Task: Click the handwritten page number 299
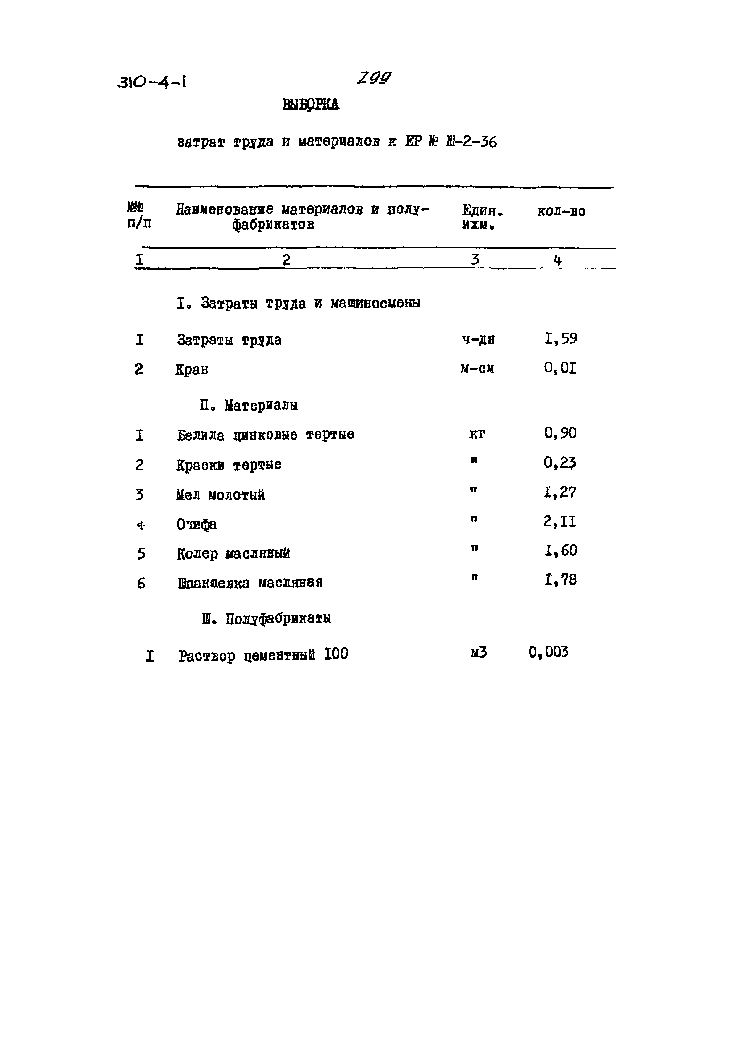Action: pos(373,79)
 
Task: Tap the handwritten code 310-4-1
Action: pos(152,82)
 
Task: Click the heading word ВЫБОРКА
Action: pos(311,105)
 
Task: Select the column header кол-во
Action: pos(561,211)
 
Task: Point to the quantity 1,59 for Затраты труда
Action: pos(560,339)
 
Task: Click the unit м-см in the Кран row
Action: pos(477,369)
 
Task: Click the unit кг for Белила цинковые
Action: pos(477,434)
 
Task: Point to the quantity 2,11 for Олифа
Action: pos(559,522)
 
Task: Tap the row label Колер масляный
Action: pos(233,554)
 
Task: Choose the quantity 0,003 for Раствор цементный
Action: pos(548,652)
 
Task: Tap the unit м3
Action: pos(479,653)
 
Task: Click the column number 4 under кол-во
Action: pos(557,260)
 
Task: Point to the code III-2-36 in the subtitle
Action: pos(471,142)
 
